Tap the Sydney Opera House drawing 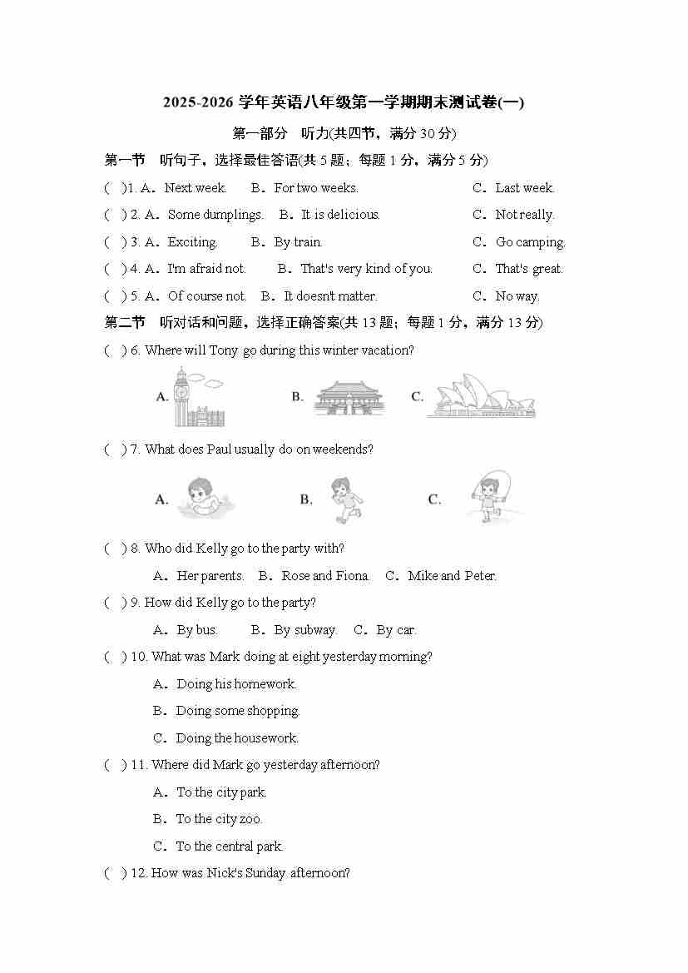(x=481, y=396)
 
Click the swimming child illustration (x=205, y=498)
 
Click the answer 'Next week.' (x=196, y=188)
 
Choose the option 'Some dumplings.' (x=215, y=215)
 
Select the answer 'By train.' (x=298, y=242)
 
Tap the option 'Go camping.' (x=530, y=242)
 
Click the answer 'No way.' (x=517, y=296)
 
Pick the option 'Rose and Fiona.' (x=325, y=576)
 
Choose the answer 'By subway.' (x=305, y=630)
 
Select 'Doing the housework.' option (x=237, y=738)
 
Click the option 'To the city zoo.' (x=219, y=819)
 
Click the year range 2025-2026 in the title (x=199, y=103)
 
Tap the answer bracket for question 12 (x=116, y=873)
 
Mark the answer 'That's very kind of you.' (x=366, y=269)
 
